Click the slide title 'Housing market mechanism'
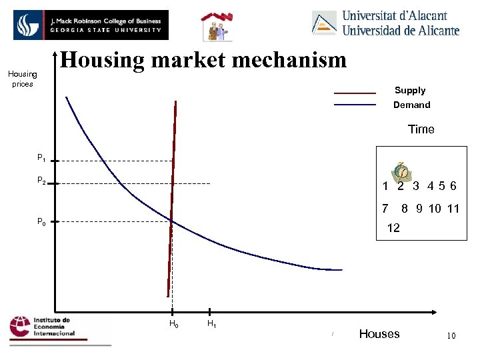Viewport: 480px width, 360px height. (204, 60)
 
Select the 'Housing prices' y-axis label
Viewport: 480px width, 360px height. (23, 79)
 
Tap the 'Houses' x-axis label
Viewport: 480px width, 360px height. (379, 334)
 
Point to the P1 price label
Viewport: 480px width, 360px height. (41, 159)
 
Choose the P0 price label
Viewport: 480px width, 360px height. (41, 222)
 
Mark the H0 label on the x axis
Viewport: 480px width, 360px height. (173, 324)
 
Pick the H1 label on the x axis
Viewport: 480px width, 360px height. (211, 324)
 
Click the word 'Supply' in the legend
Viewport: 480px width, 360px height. (409, 90)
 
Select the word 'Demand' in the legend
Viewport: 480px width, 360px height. (411, 105)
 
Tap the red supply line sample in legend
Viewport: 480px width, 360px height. (355, 93)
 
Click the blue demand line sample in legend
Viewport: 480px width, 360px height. (355, 105)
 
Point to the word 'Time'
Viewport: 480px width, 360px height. (421, 129)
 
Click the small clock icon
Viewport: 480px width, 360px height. (401, 171)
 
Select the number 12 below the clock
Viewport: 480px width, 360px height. (393, 228)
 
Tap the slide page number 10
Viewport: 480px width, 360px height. (451, 336)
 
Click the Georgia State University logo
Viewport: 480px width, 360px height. (91, 25)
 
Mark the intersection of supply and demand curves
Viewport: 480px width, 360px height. (171, 221)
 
